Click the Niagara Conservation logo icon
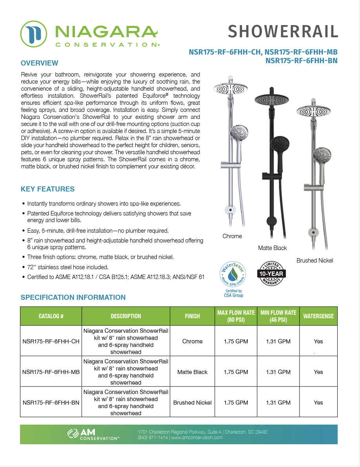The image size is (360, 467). point(34,34)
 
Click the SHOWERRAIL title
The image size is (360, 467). point(282,31)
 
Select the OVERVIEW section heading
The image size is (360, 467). point(39,63)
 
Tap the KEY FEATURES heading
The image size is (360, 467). point(47,189)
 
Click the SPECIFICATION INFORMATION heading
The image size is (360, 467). point(73,297)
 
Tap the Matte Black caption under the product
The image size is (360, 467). point(272,248)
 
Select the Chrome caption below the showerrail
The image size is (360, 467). point(232,236)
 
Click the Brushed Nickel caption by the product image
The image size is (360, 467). point(315,261)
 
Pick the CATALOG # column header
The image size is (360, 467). point(51,316)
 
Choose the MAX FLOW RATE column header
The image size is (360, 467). point(236,316)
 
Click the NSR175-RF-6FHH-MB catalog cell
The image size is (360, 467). point(51,372)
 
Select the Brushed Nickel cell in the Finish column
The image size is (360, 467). point(192,403)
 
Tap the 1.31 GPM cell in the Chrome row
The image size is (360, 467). point(278,341)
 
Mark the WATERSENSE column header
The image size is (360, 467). point(318,316)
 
